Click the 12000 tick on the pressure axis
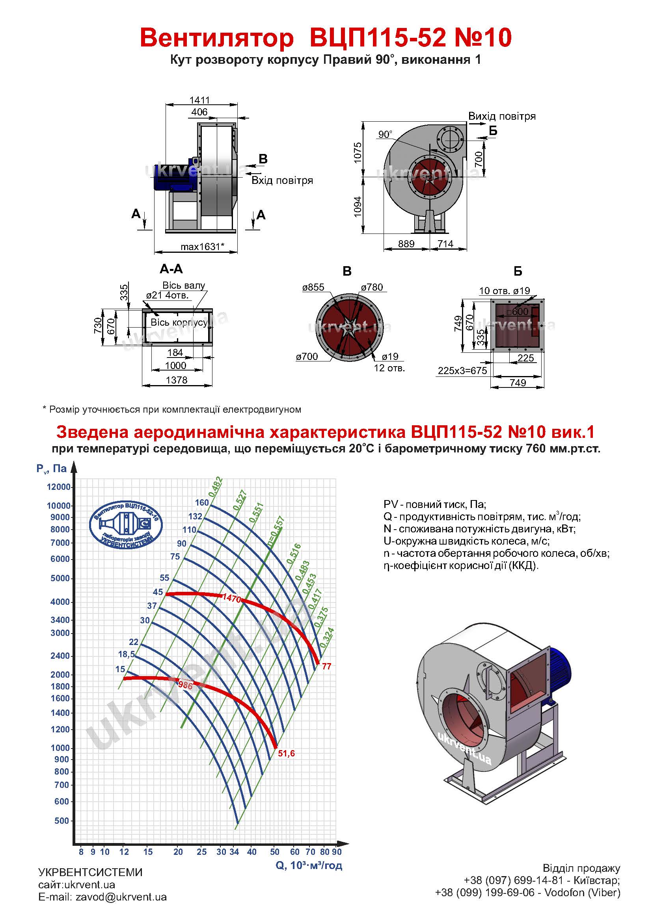pos(59,487)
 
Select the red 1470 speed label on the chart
pos(232,599)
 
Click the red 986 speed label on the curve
pos(186,685)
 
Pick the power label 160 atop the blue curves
pos(202,502)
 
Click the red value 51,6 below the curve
pos(286,753)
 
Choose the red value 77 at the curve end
pos(327,666)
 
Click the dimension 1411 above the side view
pos(199,100)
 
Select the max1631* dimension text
pos(202,247)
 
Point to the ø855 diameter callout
pos(313,287)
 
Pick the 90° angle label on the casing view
pos(385,134)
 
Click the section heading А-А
pos(171,269)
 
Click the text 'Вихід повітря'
pos(502,116)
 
